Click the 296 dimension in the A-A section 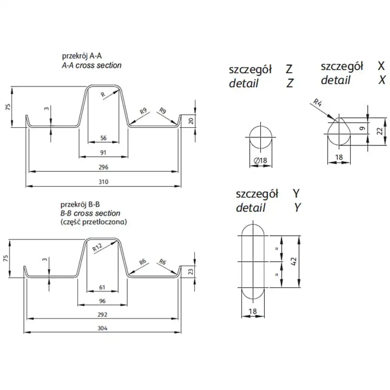(103, 167)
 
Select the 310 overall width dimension (103, 182)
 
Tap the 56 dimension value (103, 138)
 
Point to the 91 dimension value (103, 152)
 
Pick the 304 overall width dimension (103, 328)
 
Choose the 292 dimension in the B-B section (103, 314)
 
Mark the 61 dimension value (103, 287)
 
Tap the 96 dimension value (103, 301)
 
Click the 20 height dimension (191, 121)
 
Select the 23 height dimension (191, 272)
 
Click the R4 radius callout (317, 103)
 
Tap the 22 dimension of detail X (379, 131)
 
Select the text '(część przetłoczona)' (93, 222)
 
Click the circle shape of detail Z (261, 137)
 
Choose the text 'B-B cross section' (90, 213)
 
